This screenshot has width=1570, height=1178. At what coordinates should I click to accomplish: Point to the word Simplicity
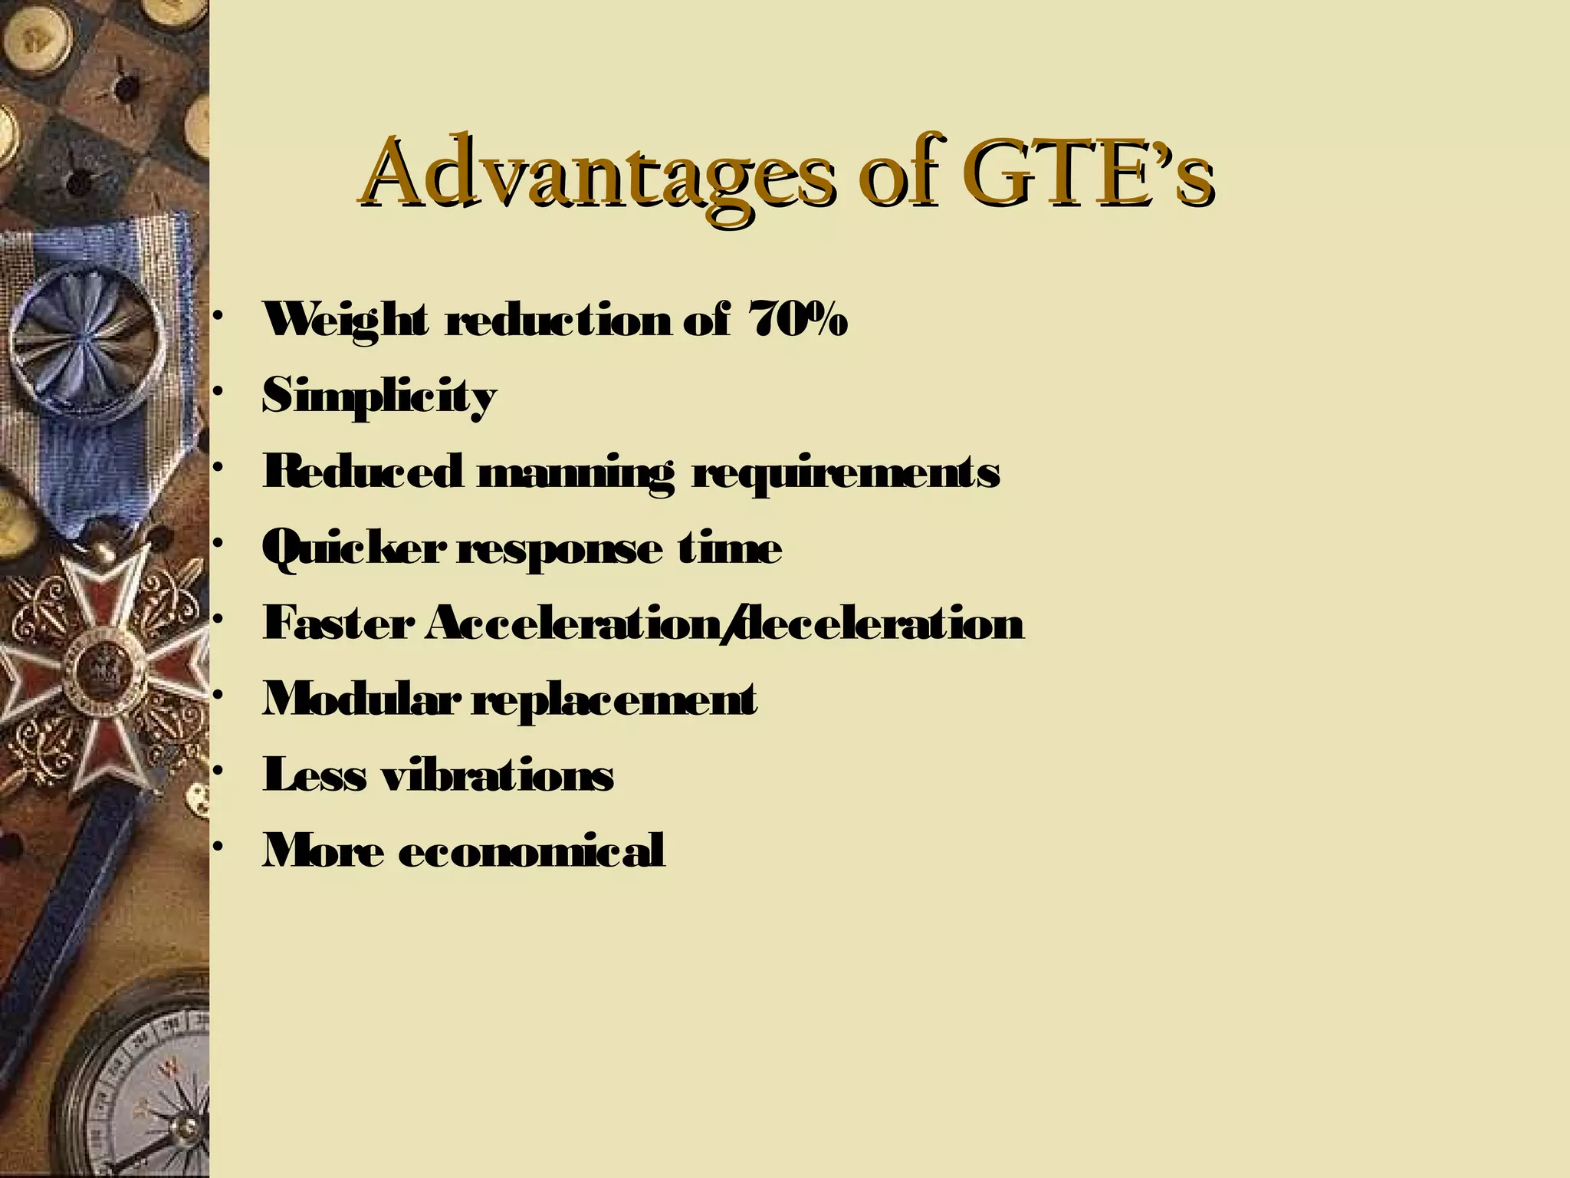(x=379, y=397)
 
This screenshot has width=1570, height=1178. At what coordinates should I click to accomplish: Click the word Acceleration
(x=573, y=623)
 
